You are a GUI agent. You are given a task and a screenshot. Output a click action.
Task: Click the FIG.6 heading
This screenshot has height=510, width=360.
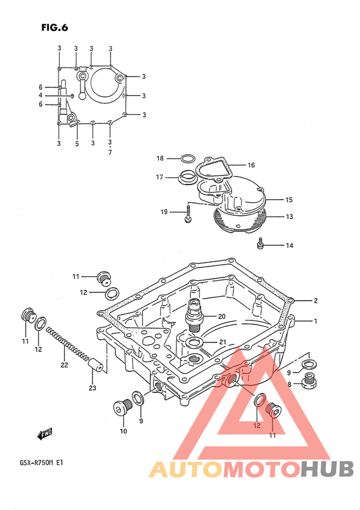pos(55,28)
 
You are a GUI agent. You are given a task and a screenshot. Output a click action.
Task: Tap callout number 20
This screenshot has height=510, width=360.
pos(222,316)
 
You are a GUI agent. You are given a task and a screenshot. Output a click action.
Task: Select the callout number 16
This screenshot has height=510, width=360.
pos(251,165)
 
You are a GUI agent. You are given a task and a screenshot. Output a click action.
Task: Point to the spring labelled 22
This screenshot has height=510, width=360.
pos(67,344)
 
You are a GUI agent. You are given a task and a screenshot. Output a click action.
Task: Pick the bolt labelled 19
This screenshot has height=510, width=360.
pos(188,213)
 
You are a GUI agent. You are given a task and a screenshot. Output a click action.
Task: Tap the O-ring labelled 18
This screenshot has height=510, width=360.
pos(188,159)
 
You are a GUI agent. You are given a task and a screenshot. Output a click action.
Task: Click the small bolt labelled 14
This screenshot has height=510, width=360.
pos(260,243)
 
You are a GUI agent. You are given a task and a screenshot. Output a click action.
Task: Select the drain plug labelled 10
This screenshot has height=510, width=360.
pos(123,407)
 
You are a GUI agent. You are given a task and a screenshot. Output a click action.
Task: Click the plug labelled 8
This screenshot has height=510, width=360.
pos(309,381)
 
